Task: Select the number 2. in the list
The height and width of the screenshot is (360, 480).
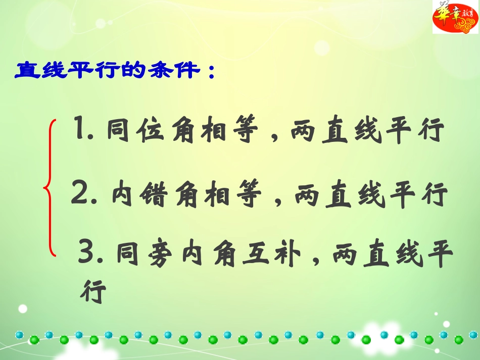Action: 86,194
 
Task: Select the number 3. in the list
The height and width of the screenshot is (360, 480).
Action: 91,252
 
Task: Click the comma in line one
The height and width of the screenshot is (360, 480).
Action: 274,137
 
